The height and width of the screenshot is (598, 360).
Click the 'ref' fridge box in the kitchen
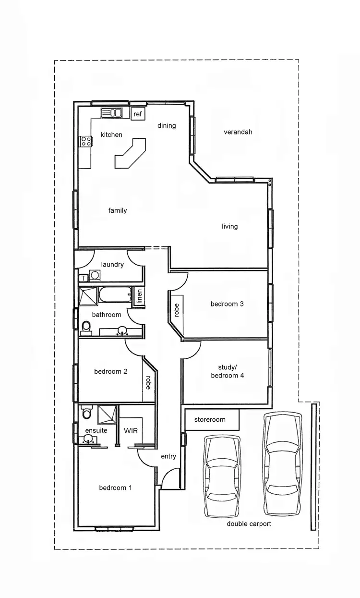pyautogui.click(x=138, y=114)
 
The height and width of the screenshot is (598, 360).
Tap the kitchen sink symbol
pyautogui.click(x=111, y=113)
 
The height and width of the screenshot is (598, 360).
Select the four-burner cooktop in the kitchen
pyautogui.click(x=86, y=141)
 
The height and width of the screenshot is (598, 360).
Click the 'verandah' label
pyautogui.click(x=238, y=132)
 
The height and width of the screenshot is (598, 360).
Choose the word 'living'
pyautogui.click(x=229, y=226)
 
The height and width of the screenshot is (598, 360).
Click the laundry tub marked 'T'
pyautogui.click(x=84, y=278)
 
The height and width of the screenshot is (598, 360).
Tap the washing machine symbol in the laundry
pyautogui.click(x=95, y=276)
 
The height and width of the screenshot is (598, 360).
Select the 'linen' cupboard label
pyautogui.click(x=139, y=296)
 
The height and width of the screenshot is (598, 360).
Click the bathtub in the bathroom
pyautogui.click(x=114, y=295)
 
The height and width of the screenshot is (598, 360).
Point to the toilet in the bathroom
pyautogui.click(x=86, y=328)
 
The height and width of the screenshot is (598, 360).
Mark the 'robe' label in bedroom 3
pyautogui.click(x=176, y=310)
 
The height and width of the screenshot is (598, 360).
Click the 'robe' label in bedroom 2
pyautogui.click(x=148, y=382)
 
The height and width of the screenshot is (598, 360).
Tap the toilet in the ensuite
pyautogui.click(x=87, y=413)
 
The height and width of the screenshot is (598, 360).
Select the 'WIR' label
pyautogui.click(x=131, y=430)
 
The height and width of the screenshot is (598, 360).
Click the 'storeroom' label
pyautogui.click(x=210, y=419)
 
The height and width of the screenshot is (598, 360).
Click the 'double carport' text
pyautogui.click(x=249, y=524)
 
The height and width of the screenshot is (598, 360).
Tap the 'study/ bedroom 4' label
pyautogui.click(x=228, y=371)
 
